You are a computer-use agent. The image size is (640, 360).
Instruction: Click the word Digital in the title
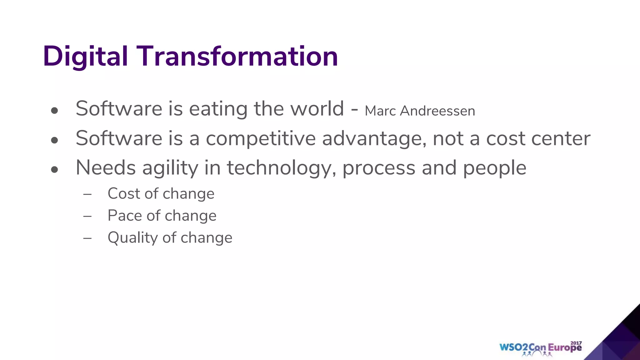point(85,56)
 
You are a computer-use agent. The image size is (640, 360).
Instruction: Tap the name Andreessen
point(437,111)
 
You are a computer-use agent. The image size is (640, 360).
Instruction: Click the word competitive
point(261,138)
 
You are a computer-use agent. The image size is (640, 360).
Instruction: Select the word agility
point(170,168)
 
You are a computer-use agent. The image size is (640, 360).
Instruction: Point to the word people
point(494,168)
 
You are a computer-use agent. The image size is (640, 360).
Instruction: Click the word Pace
point(125,216)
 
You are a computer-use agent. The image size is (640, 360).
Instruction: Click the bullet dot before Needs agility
point(55,170)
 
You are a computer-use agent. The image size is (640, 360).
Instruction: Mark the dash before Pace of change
point(87,216)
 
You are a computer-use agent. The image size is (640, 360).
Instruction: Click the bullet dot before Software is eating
point(55,111)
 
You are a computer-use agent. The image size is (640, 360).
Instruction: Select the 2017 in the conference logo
point(576,343)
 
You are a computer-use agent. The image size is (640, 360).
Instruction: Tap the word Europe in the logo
point(565,348)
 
